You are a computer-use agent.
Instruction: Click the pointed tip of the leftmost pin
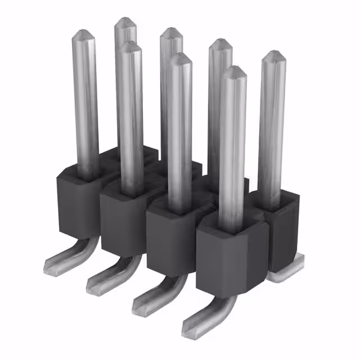(83, 33)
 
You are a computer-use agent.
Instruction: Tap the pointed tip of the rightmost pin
(274, 55)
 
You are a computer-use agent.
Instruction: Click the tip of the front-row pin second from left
(129, 45)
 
